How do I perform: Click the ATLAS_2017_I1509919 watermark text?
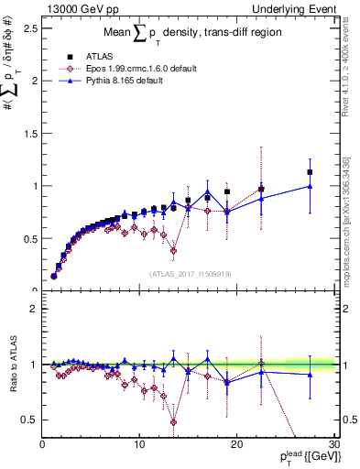point(191,273)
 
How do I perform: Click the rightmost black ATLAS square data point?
point(310,172)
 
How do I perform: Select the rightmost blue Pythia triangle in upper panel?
point(310,186)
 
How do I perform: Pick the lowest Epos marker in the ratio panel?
point(173,421)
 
